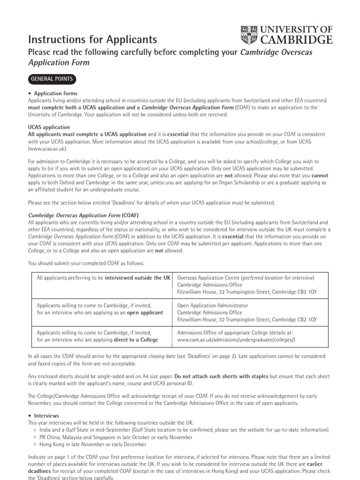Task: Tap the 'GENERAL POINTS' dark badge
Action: coord(52,78)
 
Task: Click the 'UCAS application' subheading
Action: coord(49,127)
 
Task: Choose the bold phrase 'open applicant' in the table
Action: coord(145,312)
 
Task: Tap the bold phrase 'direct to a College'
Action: coord(136,339)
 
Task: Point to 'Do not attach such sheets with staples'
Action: coord(222,376)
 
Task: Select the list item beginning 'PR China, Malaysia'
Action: coord(116,437)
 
